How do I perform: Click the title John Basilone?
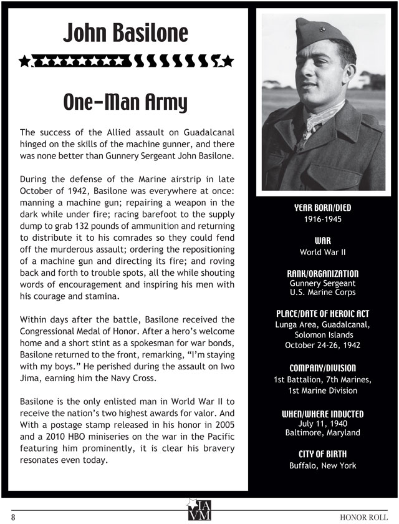tap(125, 33)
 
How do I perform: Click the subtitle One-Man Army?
tap(125, 102)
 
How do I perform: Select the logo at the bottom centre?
tap(199, 508)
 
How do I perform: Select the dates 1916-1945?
tap(322, 220)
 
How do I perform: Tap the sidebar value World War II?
tap(322, 253)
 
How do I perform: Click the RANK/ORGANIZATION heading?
tap(322, 273)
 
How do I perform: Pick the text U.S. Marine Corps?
tap(322, 293)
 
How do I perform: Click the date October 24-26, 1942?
tap(322, 345)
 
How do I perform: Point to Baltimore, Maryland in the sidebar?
tap(322, 432)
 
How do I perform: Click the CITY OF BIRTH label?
tap(322, 454)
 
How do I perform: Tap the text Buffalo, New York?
tap(322, 465)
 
